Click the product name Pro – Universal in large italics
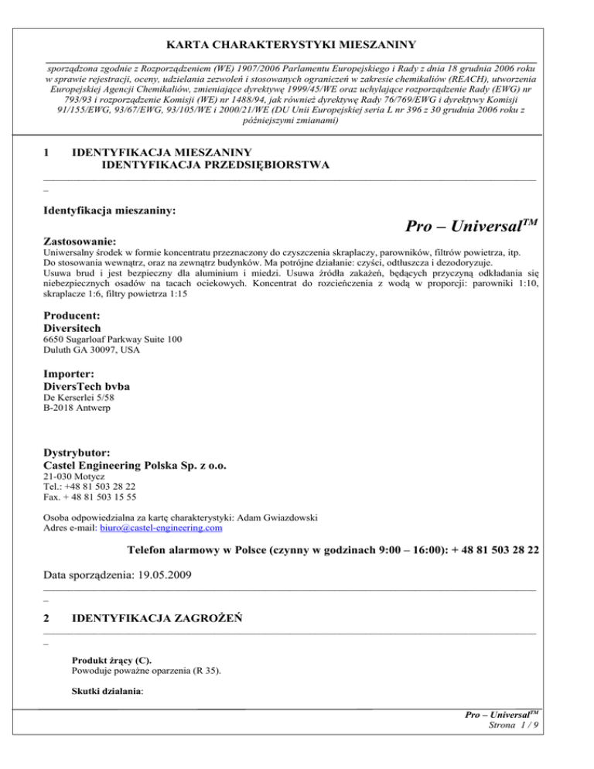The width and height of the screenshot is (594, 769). coord(469,227)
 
